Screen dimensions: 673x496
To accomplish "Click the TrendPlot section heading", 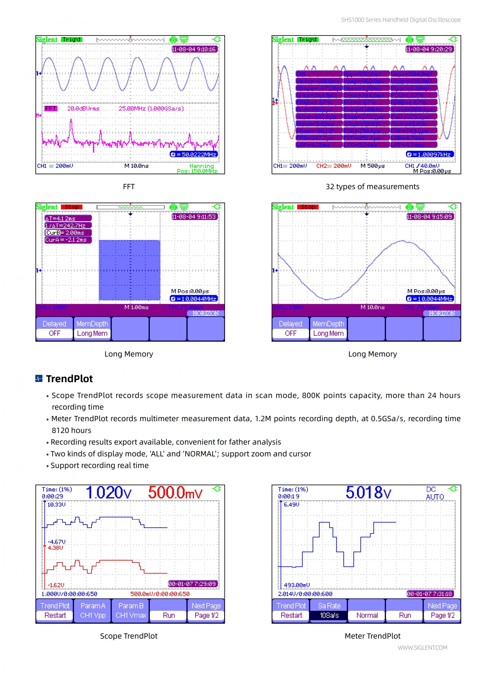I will point(69,379).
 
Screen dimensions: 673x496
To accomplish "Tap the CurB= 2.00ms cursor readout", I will point(68,233).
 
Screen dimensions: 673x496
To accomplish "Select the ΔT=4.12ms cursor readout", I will point(68,218).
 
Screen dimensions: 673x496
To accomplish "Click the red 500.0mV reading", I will point(175,493).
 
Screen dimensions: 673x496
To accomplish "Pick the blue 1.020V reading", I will point(109,493).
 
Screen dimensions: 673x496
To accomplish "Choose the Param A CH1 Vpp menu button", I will point(93,610).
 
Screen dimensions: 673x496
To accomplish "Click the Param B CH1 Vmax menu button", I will point(131,610).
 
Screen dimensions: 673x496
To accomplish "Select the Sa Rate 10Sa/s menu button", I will point(329,610).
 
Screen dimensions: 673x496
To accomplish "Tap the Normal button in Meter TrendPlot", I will point(367,615).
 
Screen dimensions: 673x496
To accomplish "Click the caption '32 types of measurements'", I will point(372,187).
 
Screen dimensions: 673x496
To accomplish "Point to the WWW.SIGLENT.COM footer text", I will point(422,647).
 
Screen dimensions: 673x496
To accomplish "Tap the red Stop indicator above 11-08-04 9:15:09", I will point(308,207).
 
